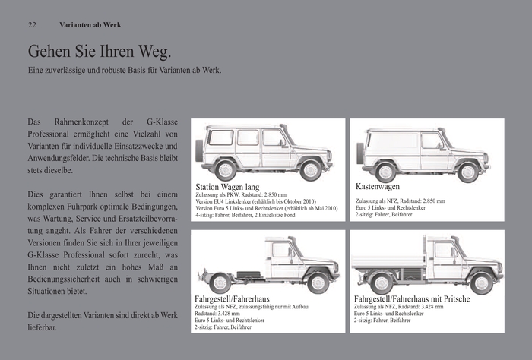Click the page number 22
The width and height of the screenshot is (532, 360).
[x=32, y=25]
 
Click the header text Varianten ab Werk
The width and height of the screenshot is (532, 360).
[x=90, y=25]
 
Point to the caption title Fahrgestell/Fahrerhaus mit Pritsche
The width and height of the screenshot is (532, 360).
[x=411, y=299]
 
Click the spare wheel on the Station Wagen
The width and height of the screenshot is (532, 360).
[x=199, y=150]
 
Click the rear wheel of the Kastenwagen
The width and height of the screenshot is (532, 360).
[x=385, y=172]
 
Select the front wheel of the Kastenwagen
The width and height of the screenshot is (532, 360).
[x=468, y=172]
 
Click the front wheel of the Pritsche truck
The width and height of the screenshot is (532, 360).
[x=480, y=283]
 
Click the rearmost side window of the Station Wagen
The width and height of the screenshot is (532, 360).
[x=221, y=138]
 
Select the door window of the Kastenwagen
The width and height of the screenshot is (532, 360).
[x=431, y=141]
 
